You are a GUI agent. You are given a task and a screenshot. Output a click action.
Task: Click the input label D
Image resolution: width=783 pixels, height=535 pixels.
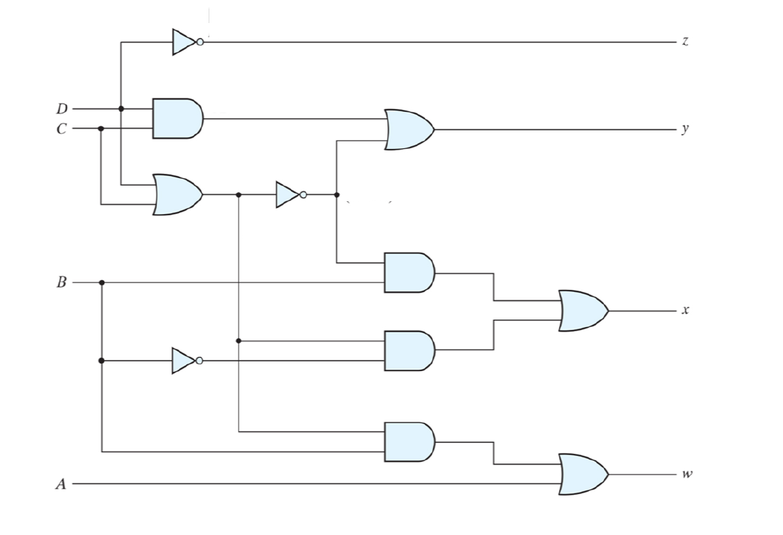click(62, 109)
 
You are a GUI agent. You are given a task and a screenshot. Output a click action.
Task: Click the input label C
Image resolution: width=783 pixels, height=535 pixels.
click(62, 128)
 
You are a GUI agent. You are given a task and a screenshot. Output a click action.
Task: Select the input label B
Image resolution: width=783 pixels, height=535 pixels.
click(62, 282)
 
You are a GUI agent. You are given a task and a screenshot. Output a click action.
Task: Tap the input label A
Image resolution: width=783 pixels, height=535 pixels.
click(62, 484)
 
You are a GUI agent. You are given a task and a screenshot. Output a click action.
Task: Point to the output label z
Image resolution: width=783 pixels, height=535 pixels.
click(685, 42)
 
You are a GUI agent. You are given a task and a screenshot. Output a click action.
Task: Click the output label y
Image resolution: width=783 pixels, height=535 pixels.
click(685, 129)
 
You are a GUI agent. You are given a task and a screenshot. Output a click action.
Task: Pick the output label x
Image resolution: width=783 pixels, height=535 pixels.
click(685, 310)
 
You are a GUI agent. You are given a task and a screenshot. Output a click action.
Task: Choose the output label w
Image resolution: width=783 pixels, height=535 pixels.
click(685, 475)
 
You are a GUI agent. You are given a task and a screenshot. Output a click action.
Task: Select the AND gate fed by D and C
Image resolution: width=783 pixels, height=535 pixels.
click(177, 118)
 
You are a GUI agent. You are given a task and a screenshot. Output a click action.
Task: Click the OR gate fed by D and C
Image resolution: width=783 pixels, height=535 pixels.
click(177, 194)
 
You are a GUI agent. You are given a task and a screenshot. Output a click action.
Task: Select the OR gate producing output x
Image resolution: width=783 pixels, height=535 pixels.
click(583, 310)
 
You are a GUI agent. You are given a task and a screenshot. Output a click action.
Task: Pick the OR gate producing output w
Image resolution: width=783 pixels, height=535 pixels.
click(583, 475)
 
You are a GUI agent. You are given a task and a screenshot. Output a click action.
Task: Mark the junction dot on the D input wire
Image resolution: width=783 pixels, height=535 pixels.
click(121, 109)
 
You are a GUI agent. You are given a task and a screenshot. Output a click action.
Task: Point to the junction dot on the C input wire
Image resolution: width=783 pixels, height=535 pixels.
click(101, 128)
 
